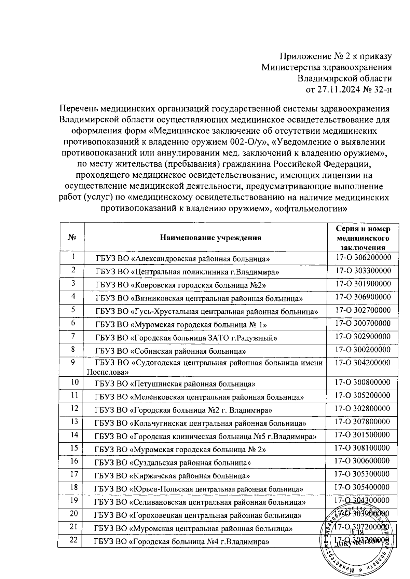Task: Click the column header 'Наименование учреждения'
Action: point(211,238)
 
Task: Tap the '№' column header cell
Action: point(72,238)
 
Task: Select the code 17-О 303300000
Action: point(363,271)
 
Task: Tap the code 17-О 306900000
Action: point(363,297)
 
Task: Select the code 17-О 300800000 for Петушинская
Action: point(363,382)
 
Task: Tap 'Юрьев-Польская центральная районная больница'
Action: point(199,489)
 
